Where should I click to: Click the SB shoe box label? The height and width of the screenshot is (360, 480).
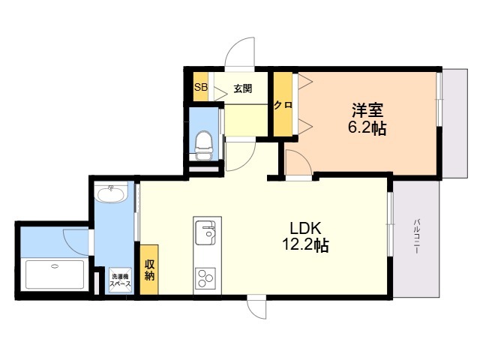201,87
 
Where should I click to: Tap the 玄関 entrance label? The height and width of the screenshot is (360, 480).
243,88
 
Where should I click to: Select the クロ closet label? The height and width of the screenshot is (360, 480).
283,105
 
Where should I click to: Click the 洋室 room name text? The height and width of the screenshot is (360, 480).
367,110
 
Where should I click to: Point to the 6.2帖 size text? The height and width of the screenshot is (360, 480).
367,128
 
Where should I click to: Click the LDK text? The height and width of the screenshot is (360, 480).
305,228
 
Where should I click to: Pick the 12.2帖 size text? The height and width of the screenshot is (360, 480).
305,245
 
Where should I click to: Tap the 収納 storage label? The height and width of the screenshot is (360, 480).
149,270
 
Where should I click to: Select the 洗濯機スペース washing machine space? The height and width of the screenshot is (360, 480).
120,280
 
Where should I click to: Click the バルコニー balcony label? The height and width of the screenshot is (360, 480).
416,236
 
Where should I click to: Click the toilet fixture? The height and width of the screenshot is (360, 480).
203,145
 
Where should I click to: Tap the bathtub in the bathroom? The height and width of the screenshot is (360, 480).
55,274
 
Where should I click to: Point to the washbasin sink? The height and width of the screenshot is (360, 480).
111,194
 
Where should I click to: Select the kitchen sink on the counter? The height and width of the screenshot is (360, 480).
205,232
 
